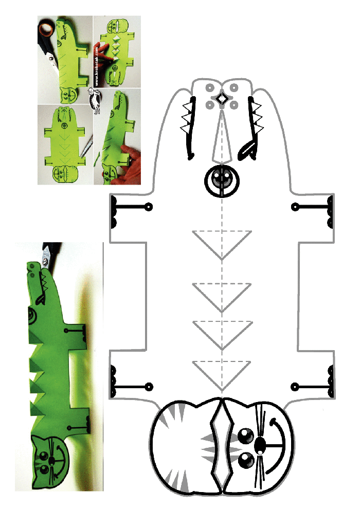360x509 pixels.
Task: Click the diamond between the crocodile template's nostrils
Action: click(x=222, y=98)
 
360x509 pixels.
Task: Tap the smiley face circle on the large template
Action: click(x=222, y=180)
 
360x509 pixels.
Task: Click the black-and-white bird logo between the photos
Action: click(x=95, y=100)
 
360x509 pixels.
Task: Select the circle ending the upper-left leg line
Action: click(x=148, y=207)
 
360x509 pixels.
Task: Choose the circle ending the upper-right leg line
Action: click(x=295, y=207)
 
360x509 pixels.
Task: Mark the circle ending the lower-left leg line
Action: click(x=149, y=387)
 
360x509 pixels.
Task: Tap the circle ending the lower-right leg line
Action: click(x=294, y=387)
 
